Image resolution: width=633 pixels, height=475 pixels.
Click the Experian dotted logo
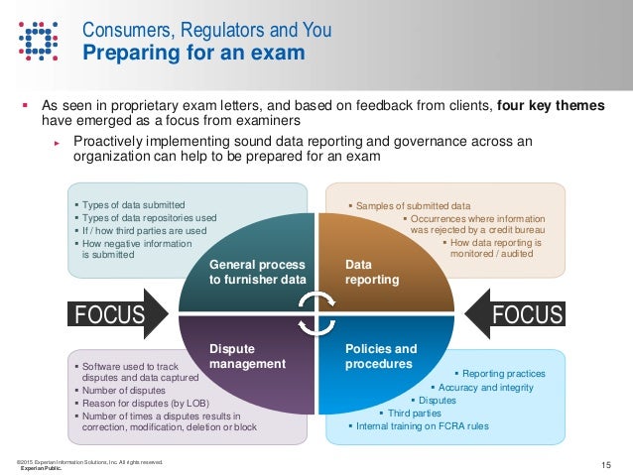coord(37,40)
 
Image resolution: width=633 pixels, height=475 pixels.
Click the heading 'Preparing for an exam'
coord(192,53)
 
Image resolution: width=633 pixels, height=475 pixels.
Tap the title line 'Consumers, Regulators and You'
coord(205,30)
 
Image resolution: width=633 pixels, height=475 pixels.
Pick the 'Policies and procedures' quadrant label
coord(381,356)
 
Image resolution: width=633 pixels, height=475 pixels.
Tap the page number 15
coord(607,464)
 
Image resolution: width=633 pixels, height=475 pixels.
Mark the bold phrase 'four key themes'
coord(552,106)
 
